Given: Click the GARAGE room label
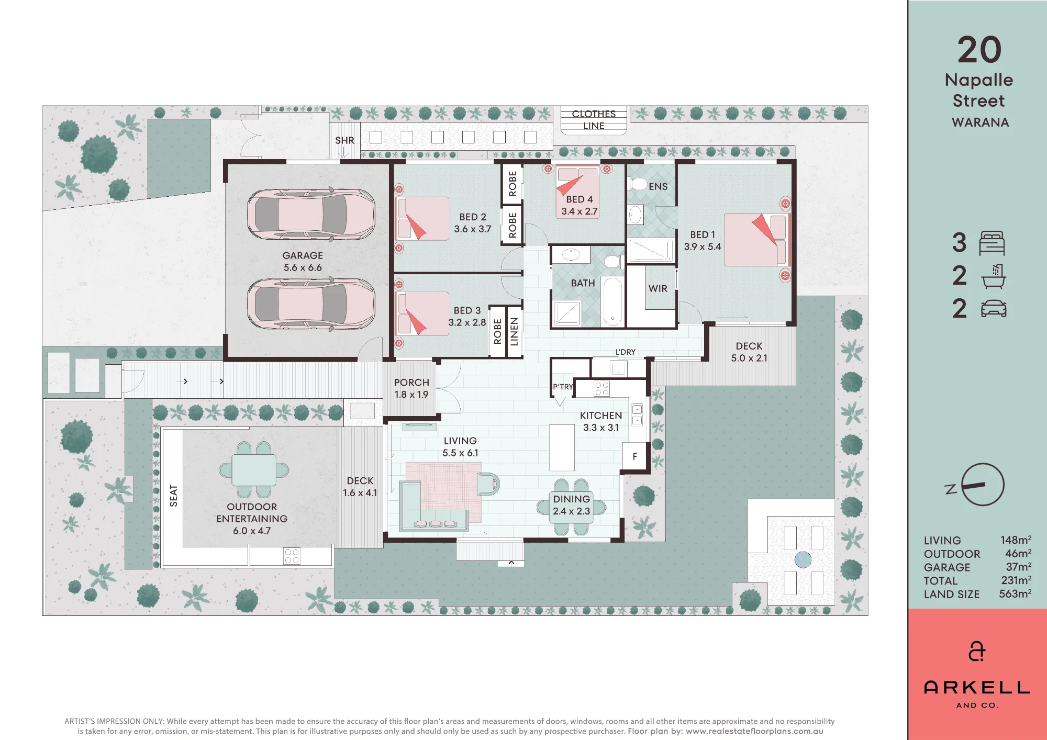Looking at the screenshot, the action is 303,255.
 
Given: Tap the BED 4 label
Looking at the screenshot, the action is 580,199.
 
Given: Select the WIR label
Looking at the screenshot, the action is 658,288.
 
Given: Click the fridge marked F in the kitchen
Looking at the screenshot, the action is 635,456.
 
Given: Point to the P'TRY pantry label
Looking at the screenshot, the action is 563,387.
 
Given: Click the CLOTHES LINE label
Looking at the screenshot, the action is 594,120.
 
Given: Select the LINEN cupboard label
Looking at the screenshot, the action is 514,331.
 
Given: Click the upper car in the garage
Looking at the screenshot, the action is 311,215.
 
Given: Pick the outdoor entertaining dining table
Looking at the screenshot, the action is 254,469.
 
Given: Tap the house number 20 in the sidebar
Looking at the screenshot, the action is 979,50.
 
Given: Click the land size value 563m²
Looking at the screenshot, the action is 1015,594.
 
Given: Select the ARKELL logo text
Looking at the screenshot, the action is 977,688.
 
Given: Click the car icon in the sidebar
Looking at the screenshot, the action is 994,309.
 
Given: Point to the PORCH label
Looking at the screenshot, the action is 411,383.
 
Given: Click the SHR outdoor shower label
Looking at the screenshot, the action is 344,140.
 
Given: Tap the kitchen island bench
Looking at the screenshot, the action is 562,447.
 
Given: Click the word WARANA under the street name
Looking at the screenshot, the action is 980,122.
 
